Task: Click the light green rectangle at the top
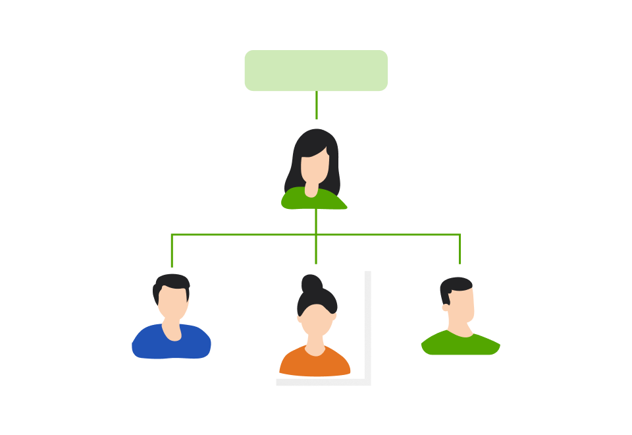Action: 316,71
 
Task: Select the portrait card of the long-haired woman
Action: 317,164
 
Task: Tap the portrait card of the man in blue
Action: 171,313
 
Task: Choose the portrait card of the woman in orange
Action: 317,322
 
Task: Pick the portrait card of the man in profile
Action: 460,310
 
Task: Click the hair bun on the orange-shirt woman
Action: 311,284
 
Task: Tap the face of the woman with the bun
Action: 316,320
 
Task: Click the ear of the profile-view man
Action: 446,307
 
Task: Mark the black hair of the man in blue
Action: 172,282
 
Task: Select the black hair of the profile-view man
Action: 456,285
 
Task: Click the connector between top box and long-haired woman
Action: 317,105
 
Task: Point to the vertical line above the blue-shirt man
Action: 172,250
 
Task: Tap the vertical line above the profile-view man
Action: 460,249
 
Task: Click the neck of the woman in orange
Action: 315,345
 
